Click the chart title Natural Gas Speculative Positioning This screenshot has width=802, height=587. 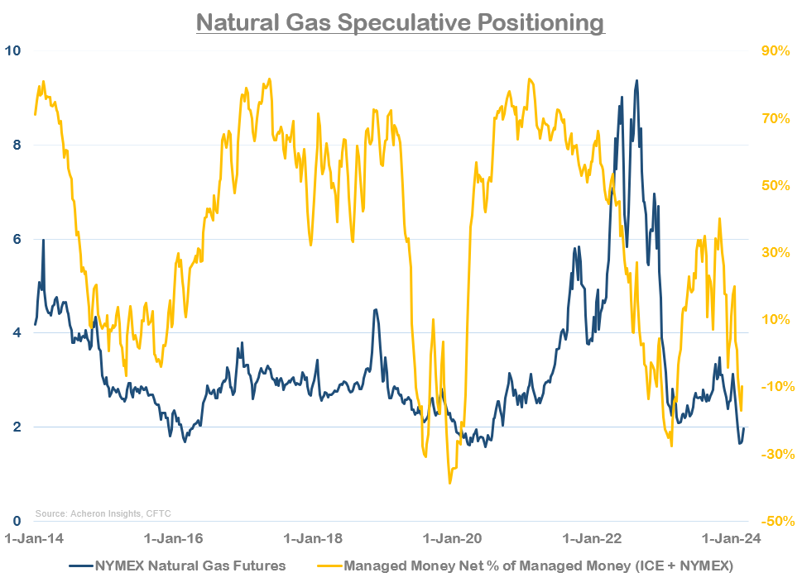[x=401, y=21]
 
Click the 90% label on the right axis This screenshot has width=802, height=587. [x=776, y=50]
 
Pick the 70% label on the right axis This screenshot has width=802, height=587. [x=776, y=118]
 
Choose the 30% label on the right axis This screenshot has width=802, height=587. [x=776, y=252]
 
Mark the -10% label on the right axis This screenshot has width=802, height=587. [x=776, y=387]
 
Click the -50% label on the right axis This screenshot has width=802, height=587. [x=776, y=521]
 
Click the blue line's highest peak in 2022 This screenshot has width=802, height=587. [x=636, y=80]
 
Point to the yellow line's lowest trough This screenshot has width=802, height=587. [x=450, y=483]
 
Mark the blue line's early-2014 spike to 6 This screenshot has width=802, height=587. [x=43, y=240]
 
